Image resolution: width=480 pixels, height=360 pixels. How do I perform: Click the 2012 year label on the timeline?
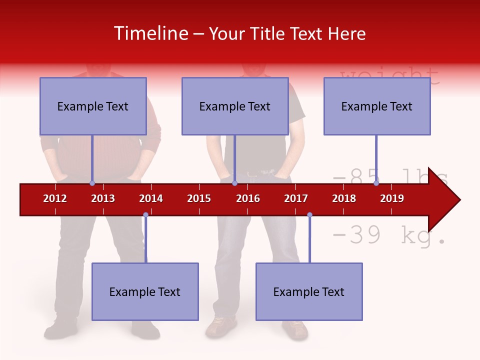55,198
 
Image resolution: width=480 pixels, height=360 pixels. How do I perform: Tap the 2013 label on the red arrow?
103,198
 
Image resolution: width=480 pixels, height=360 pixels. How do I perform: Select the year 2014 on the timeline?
151,198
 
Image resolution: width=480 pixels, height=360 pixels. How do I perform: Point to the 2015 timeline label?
199,198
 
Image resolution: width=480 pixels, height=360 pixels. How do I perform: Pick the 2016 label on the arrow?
248,198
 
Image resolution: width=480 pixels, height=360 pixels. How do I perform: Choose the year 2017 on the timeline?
296,198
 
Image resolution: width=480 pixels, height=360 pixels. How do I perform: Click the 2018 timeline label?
344,198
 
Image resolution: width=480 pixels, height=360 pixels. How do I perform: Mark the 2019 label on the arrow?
392,198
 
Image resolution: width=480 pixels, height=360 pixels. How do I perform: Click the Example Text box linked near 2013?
93,106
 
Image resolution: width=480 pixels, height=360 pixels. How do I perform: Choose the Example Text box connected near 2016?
235,106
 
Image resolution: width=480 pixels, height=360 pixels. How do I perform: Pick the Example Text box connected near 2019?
377,106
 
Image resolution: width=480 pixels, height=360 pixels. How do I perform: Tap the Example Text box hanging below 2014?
145,291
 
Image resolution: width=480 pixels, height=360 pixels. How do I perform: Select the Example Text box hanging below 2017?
309,291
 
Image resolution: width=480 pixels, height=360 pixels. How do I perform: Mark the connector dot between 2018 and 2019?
376,183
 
